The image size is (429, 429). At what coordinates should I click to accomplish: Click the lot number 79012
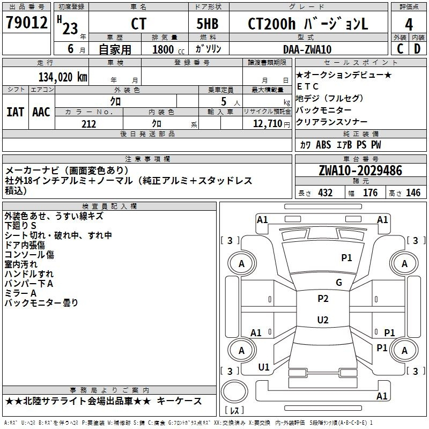(x=26, y=23)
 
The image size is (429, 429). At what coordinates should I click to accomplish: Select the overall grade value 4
(x=409, y=25)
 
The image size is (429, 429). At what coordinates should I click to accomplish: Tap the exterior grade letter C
(x=400, y=49)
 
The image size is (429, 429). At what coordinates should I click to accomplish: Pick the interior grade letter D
(x=417, y=49)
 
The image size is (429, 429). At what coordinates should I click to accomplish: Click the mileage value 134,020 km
(x=63, y=77)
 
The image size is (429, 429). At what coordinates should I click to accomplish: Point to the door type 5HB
(x=208, y=24)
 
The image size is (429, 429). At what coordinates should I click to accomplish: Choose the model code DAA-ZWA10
(x=307, y=49)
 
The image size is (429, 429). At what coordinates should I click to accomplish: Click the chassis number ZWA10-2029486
(x=360, y=171)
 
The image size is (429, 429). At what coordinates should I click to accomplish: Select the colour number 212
(x=88, y=124)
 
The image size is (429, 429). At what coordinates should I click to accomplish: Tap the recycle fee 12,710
(x=268, y=123)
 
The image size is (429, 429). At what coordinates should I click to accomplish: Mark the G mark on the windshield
(x=339, y=283)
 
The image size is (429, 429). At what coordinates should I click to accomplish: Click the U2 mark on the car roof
(x=323, y=320)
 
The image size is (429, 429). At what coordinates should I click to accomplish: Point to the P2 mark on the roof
(x=323, y=299)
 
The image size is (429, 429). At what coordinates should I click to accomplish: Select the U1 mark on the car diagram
(x=264, y=367)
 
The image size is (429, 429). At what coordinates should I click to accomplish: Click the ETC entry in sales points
(x=307, y=86)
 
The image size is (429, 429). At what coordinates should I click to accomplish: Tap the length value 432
(x=326, y=193)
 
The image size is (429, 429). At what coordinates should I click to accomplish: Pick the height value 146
(x=413, y=193)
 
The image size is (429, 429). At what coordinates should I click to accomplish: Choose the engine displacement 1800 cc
(x=168, y=49)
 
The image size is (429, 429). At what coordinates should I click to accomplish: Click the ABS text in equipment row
(x=323, y=145)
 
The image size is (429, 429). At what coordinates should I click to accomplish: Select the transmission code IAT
(x=15, y=112)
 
